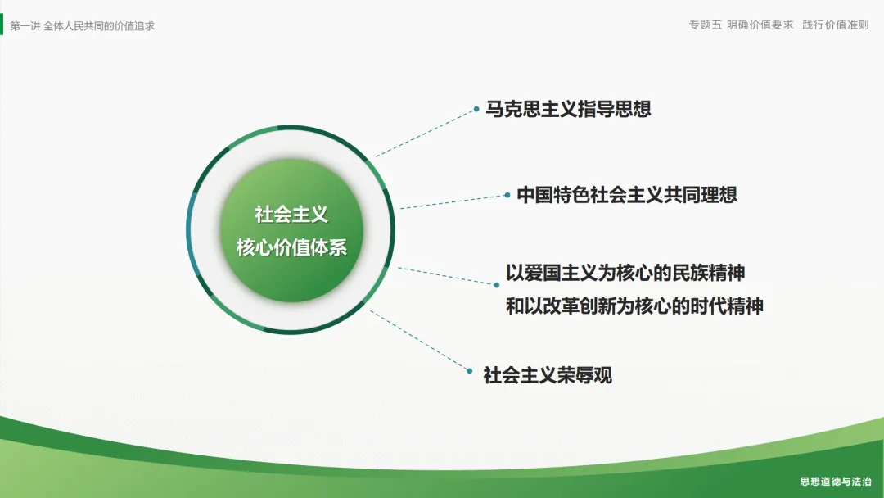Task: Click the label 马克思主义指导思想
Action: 568,109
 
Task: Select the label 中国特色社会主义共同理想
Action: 627,195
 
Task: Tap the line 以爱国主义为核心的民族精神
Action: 625,273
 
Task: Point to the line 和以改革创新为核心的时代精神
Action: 634,306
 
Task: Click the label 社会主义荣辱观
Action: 548,375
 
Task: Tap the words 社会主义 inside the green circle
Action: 291,215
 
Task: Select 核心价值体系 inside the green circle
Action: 291,247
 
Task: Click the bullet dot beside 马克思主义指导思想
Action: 476,109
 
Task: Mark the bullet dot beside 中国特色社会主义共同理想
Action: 507,195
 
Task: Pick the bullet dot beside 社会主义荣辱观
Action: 470,371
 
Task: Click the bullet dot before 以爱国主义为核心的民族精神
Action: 496,285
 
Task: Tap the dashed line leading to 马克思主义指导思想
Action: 426,133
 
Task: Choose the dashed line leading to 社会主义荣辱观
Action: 420,341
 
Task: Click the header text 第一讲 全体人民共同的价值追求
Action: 83,26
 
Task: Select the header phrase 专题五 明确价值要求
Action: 741,25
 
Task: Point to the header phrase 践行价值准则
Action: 836,25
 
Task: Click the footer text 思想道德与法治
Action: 836,481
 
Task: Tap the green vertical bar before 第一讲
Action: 2,25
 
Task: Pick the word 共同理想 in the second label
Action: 700,195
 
